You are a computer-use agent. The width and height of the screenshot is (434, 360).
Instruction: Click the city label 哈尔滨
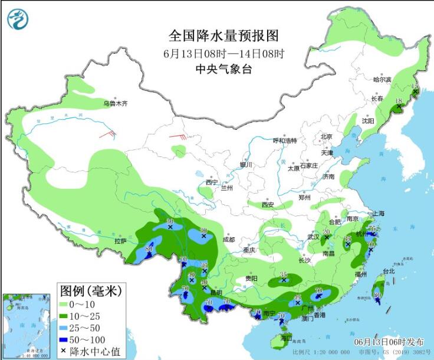(382, 79)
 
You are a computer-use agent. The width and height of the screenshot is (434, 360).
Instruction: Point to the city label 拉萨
(120, 241)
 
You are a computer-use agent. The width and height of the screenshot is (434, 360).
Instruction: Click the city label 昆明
(217, 293)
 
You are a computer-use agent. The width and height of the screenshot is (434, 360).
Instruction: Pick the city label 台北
(389, 271)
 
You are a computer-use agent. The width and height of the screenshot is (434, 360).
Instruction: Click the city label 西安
(268, 205)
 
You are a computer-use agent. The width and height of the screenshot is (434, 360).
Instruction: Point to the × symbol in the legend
(63, 352)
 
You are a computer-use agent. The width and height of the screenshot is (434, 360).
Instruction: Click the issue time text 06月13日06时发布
(389, 342)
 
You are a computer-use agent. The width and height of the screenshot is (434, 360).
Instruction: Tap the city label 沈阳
(368, 120)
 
